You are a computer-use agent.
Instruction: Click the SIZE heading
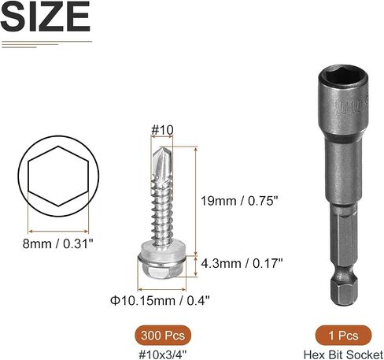pos(46,17)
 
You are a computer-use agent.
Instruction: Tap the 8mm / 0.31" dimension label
pos(58,244)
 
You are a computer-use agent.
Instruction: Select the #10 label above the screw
pos(162,130)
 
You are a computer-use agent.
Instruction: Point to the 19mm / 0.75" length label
pos(239,201)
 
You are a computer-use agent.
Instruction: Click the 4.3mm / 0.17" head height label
pos(242,263)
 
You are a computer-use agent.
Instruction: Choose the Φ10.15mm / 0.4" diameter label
pos(160,300)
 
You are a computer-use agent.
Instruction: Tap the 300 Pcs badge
pos(163,336)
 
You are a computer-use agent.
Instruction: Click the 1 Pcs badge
pos(343,336)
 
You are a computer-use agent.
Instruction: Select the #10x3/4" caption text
pos(163,354)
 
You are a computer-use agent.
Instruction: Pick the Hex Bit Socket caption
pos(344,354)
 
